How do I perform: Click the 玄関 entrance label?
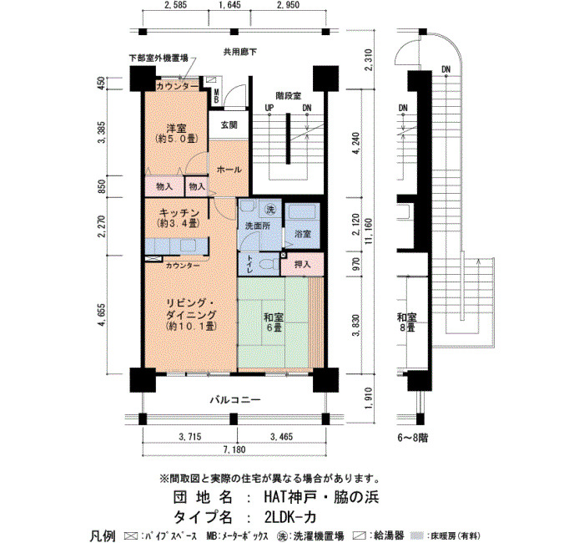229,125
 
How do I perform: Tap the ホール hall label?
229,170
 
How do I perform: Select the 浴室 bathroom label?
302,234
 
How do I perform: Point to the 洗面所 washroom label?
257,226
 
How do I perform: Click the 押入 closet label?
302,265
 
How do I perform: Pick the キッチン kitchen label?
179,213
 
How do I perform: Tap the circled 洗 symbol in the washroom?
270,210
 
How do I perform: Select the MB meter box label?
216,96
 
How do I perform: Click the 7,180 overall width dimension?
234,449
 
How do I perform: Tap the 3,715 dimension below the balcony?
190,436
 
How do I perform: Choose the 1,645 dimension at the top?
229,5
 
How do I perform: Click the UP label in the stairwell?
269,108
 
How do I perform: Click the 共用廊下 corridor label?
239,52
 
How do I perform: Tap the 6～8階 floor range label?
412,438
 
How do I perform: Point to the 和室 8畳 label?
407,322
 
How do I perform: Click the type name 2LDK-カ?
290,517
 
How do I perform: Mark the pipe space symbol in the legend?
131,536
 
